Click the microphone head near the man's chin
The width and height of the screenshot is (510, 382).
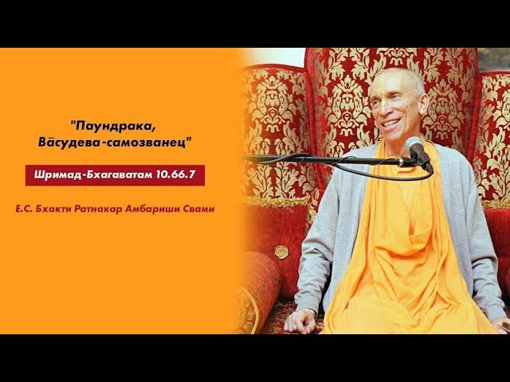coord(416,148)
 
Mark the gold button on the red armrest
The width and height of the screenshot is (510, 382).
coord(282,251)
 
